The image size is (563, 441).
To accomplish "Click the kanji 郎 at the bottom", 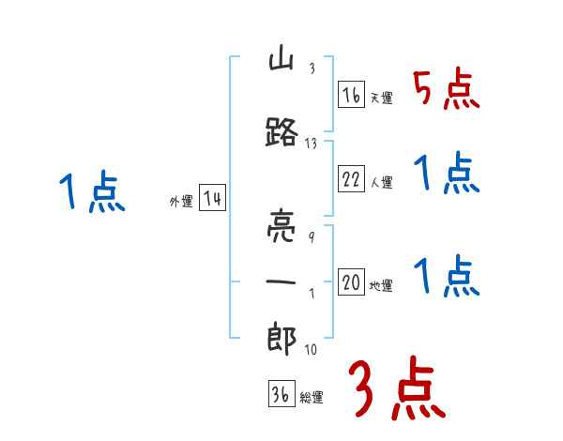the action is [282, 341].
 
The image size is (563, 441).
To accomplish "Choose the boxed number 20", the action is [351, 282].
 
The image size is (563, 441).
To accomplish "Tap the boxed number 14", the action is [211, 199].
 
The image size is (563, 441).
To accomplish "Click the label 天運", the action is [382, 98].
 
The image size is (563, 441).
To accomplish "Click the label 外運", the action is [180, 202].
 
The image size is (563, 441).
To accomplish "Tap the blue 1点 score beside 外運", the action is [91, 194].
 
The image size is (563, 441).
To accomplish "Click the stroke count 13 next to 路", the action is [312, 144].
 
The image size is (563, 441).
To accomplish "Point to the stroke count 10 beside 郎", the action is [312, 350].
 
